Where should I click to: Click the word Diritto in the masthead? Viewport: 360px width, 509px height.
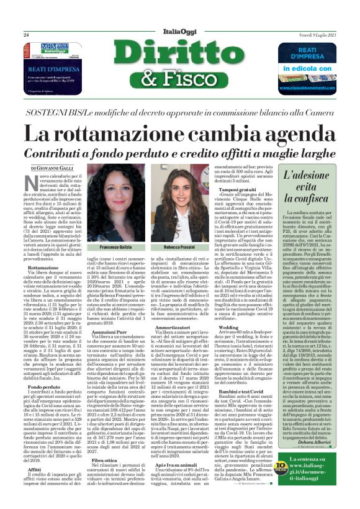click(180, 56)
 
